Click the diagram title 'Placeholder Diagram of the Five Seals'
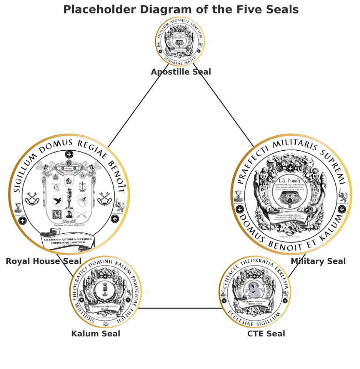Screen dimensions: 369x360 pos(181,9)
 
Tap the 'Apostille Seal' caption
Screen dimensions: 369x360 pos(181,72)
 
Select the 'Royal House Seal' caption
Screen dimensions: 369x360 pos(43,261)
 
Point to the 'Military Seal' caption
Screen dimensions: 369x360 pos(318,261)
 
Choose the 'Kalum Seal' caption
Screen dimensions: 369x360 pos(96,334)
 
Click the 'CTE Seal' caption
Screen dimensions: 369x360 pos(266,334)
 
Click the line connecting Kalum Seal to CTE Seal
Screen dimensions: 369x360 pos(179,308)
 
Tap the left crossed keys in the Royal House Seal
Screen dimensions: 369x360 pos(32,199)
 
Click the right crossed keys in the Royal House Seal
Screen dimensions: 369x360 pos(104,199)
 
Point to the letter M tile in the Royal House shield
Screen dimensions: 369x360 pos(57,214)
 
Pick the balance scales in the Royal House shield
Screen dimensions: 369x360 pos(82,187)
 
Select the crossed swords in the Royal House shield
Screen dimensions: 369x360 pos(82,214)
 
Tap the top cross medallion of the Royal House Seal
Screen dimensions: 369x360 pos(69,154)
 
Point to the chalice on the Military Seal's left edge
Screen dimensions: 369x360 pos(238,194)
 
